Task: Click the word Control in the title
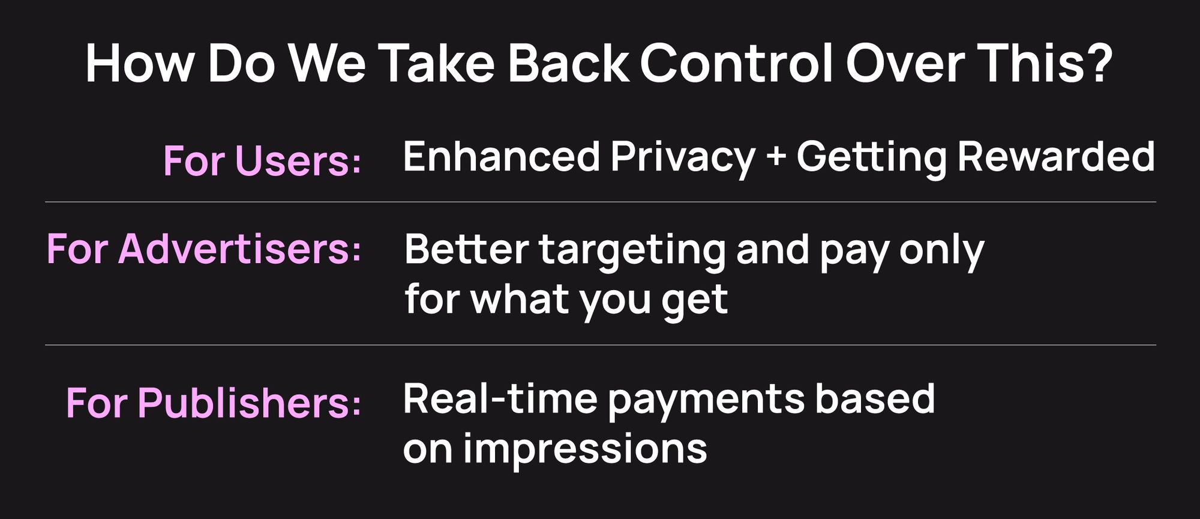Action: click(736, 63)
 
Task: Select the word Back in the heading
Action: click(568, 63)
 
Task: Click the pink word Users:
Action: click(298, 161)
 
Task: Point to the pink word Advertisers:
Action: click(239, 249)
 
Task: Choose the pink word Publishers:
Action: click(249, 402)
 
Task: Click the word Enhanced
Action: click(502, 157)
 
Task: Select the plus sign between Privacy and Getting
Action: click(776, 158)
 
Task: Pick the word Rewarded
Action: click(1056, 157)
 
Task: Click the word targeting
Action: click(632, 252)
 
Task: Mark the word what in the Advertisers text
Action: click(518, 300)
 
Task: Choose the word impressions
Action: click(585, 451)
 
